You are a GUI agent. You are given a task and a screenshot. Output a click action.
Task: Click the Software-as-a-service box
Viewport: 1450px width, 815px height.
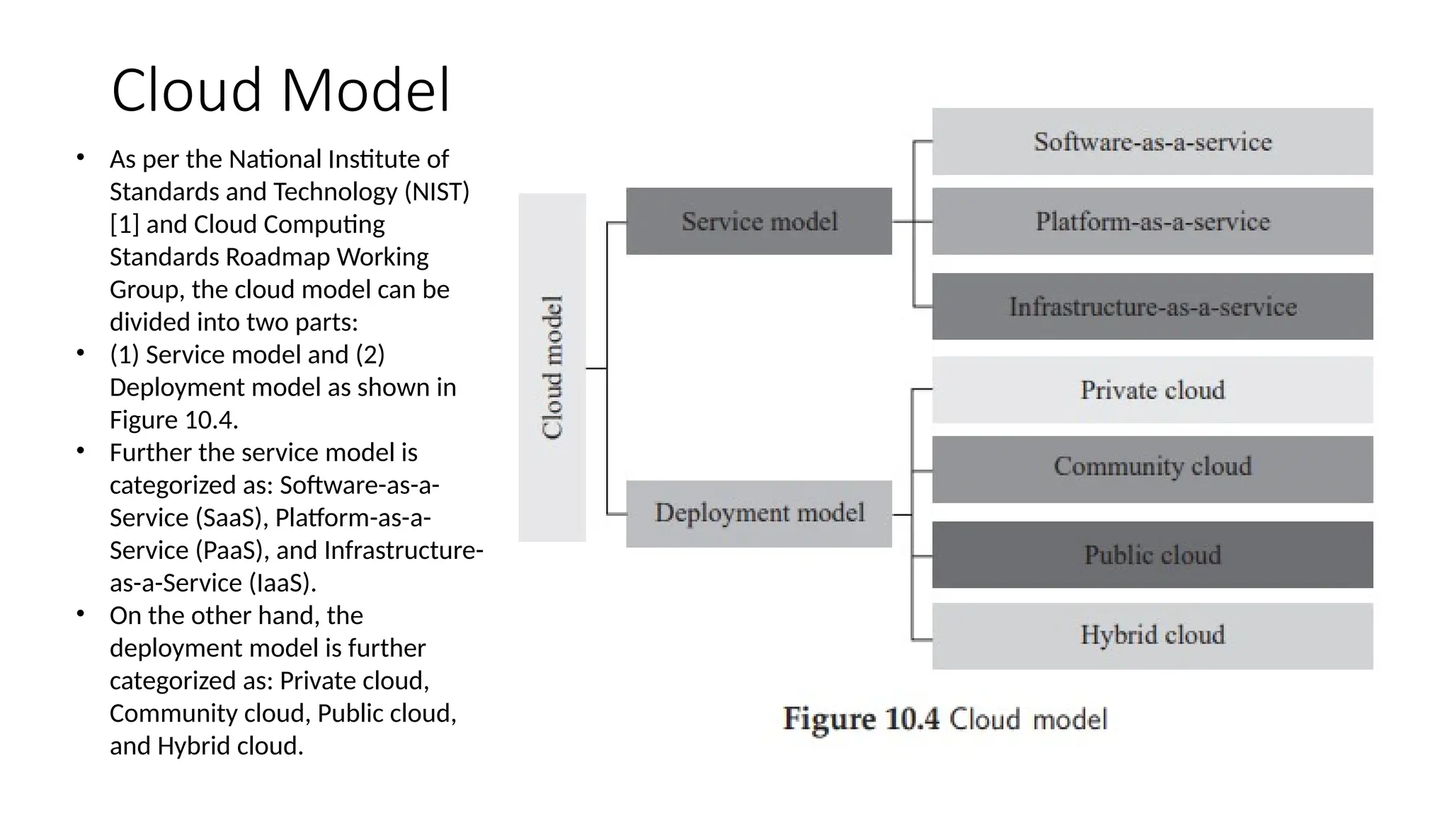[x=1152, y=141]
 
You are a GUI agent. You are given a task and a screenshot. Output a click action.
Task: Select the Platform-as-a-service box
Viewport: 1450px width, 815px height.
[x=1152, y=221]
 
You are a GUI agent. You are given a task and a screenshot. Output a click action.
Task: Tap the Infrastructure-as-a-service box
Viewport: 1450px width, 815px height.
[x=1152, y=306]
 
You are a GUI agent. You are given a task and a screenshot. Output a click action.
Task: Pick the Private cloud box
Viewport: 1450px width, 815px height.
[x=1152, y=390]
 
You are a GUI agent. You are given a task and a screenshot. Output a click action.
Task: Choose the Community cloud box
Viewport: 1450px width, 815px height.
[x=1152, y=469]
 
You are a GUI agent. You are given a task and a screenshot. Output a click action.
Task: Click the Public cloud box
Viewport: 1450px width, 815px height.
[x=1152, y=555]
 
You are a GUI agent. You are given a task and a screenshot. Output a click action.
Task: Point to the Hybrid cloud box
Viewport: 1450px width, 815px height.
[x=1152, y=635]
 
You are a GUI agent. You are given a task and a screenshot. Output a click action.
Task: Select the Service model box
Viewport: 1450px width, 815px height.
[x=759, y=221]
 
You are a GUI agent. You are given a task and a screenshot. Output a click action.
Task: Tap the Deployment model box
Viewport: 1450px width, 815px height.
[x=759, y=514]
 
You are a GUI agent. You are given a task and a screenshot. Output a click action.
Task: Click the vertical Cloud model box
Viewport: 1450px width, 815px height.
[x=552, y=368]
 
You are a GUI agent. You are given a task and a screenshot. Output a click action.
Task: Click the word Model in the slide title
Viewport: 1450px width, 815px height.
[x=366, y=91]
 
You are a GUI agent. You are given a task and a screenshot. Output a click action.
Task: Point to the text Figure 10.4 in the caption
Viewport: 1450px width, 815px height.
[x=861, y=719]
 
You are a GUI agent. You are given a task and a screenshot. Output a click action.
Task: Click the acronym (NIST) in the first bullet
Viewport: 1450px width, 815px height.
[x=437, y=192]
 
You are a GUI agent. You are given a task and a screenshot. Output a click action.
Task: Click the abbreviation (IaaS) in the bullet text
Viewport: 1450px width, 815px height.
[x=282, y=584]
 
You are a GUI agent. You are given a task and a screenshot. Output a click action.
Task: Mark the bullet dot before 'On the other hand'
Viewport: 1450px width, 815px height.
[x=81, y=614]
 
